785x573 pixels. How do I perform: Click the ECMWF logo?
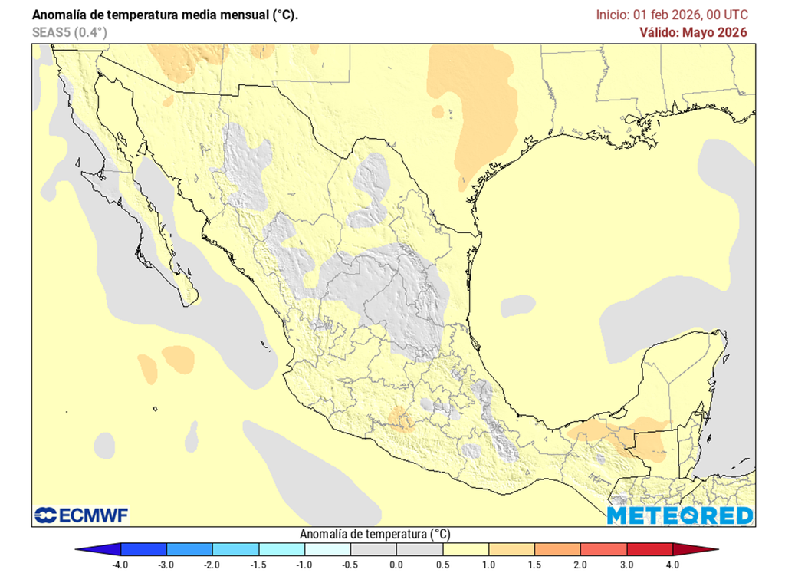click(x=81, y=515)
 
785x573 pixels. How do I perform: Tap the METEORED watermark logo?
click(x=679, y=515)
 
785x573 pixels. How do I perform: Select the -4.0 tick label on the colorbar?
click(x=120, y=565)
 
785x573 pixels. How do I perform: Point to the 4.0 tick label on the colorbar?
click(x=673, y=565)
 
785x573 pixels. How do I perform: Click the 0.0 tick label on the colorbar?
click(x=396, y=565)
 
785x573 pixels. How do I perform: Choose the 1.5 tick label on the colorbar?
click(x=534, y=565)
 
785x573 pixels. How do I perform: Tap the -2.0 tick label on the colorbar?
click(x=212, y=565)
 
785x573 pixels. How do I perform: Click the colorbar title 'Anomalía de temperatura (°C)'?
click(x=375, y=534)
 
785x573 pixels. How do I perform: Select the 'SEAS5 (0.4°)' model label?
click(x=70, y=32)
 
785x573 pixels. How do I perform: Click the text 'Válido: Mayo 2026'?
click(x=693, y=32)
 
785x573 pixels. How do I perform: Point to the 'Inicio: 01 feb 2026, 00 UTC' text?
click(x=672, y=15)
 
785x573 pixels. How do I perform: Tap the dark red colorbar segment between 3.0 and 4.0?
click(x=649, y=549)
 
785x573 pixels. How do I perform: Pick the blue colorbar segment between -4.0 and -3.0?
click(x=143, y=549)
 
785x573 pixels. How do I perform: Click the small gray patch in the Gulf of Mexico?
click(x=517, y=306)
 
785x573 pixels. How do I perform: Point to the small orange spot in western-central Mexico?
click(x=400, y=418)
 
